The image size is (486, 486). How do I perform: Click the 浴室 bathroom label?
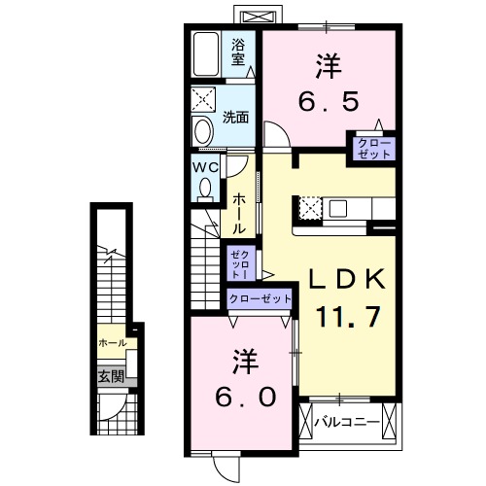click(x=238, y=51)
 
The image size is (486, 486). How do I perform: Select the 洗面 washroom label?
click(x=236, y=118)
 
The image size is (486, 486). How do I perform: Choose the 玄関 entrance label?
click(x=110, y=375)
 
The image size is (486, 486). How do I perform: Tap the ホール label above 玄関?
click(x=111, y=343)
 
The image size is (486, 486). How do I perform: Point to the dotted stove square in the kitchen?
click(x=310, y=207)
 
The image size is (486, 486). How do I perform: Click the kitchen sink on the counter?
click(x=339, y=207)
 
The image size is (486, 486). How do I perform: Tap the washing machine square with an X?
click(x=206, y=100)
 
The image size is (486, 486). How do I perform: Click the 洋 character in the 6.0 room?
click(x=245, y=361)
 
